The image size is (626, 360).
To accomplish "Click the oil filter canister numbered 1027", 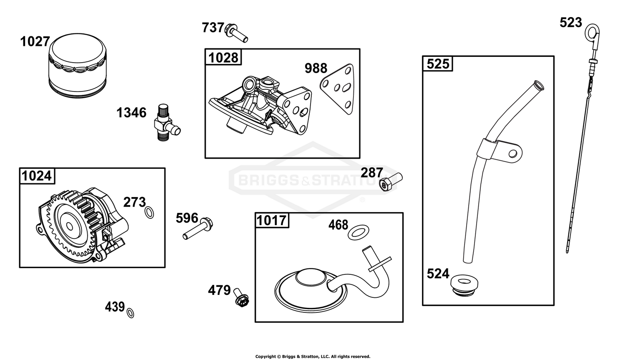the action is click(78, 66).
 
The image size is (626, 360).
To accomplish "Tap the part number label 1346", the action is click(131, 113).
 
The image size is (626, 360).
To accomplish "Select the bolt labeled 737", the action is click(237, 33).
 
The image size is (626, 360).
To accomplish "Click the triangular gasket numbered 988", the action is click(337, 89).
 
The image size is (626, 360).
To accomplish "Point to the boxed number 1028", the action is click(223, 57).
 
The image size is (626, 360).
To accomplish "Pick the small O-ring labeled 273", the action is click(149, 213).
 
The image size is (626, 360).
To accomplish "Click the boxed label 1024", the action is click(37, 176).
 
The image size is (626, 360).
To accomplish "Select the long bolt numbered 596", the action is click(197, 228).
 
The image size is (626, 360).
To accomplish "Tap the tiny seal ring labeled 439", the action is click(130, 313).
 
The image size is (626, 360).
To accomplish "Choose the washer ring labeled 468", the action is click(358, 232).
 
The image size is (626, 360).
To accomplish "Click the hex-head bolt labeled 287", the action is click(391, 182).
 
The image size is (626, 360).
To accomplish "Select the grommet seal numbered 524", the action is click(464, 285).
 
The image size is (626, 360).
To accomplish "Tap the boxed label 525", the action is click(438, 64).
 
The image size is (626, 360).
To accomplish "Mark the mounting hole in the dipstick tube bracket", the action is click(512, 154).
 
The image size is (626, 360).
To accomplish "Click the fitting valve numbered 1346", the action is click(167, 123).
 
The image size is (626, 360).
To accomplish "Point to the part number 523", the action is click(570, 23).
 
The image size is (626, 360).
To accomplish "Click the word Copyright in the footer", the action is click(265, 356).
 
